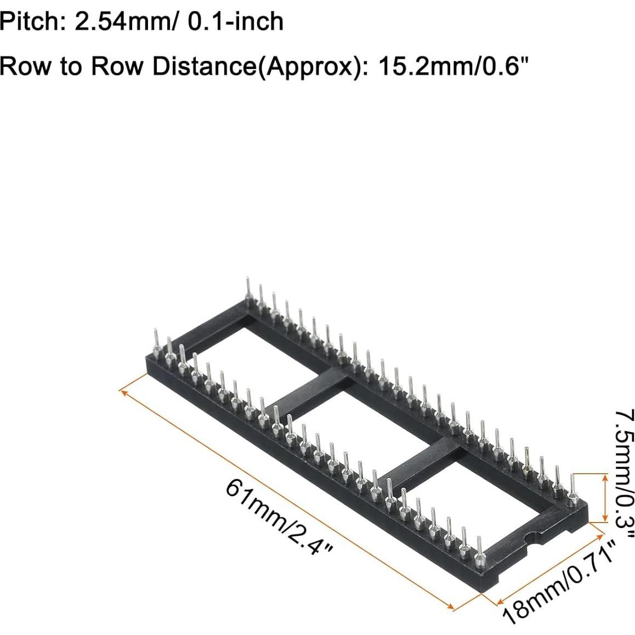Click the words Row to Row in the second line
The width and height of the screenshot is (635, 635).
71,66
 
